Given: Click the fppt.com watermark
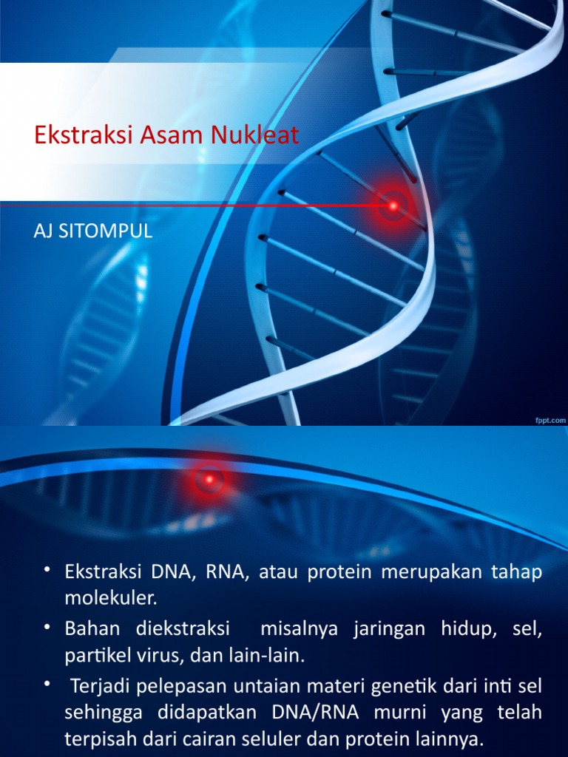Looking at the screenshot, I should click(x=550, y=419).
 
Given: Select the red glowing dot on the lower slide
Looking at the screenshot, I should click(x=210, y=480).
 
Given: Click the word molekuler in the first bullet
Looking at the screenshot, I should click(x=112, y=596).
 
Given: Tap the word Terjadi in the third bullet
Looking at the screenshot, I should click(x=101, y=687).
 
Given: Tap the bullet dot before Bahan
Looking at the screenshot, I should click(x=47, y=627).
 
